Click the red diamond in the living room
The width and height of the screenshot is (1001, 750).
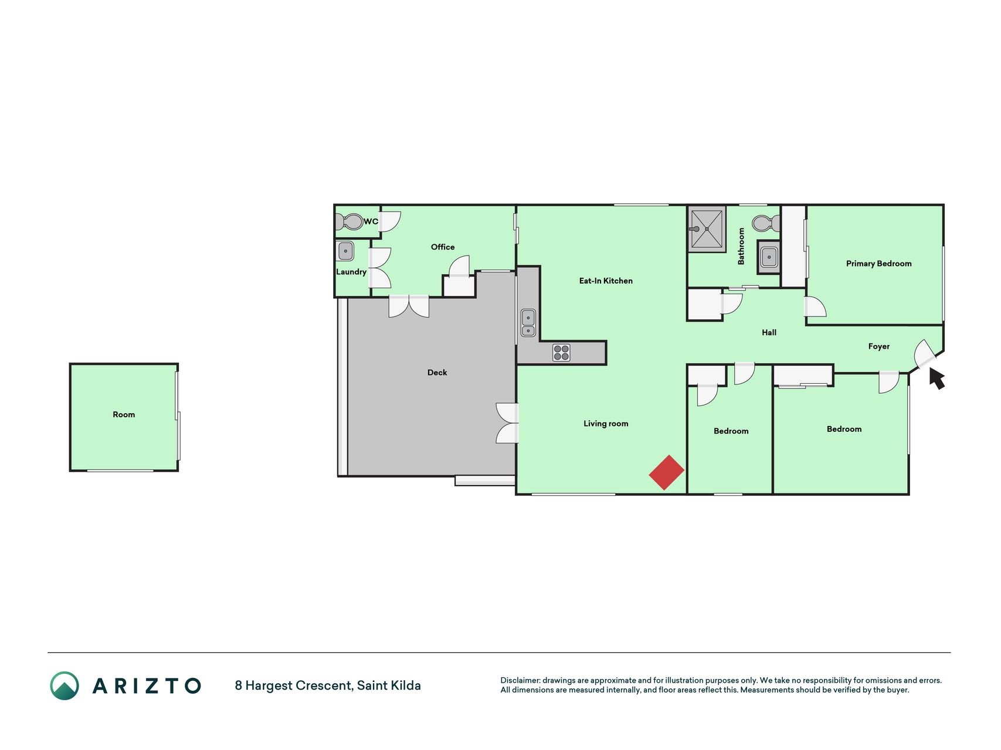(667, 472)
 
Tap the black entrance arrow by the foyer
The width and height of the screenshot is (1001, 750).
(936, 377)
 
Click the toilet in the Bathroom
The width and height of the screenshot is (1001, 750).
(766, 223)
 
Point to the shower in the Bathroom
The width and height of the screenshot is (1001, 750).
(707, 229)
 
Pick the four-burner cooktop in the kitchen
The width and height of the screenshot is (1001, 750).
(561, 352)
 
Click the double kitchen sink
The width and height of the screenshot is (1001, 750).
(528, 323)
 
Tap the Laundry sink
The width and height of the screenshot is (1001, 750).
(345, 251)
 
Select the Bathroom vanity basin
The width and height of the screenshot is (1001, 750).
(769, 257)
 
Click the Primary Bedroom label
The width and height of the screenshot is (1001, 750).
(878, 264)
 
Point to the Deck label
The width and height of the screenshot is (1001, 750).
(437, 373)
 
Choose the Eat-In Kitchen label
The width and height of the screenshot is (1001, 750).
(606, 281)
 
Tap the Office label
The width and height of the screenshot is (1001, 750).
(443, 247)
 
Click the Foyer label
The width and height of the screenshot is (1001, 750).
(878, 347)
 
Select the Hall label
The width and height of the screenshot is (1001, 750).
(769, 333)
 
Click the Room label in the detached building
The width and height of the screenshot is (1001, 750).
(124, 415)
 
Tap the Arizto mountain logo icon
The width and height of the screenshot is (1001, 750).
(65, 686)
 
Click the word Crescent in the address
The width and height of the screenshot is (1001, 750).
(324, 686)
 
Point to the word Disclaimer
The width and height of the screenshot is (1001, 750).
(520, 680)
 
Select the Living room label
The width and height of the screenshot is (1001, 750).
(606, 424)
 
